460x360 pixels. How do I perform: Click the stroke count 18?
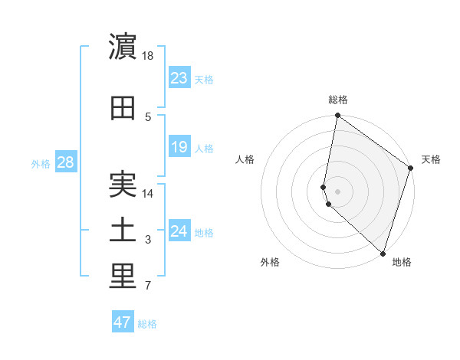(x=149, y=56)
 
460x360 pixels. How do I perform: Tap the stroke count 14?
(x=149, y=195)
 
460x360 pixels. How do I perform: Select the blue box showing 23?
(x=179, y=77)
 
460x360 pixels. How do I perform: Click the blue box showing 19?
(x=179, y=146)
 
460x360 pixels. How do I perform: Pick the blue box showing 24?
(x=179, y=231)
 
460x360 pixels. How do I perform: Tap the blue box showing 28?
(x=65, y=162)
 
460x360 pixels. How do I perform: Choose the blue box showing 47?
(x=123, y=322)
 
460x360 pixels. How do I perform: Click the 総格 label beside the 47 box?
(x=147, y=324)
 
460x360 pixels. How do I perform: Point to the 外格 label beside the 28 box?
(x=40, y=164)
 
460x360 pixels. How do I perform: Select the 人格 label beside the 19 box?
(x=204, y=148)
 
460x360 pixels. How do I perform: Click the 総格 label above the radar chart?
(x=338, y=100)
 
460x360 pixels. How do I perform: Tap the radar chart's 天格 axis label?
(x=431, y=159)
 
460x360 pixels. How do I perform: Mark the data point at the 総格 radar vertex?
(x=337, y=116)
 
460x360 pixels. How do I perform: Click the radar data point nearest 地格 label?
(x=382, y=254)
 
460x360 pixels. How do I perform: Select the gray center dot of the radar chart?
(x=337, y=191)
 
